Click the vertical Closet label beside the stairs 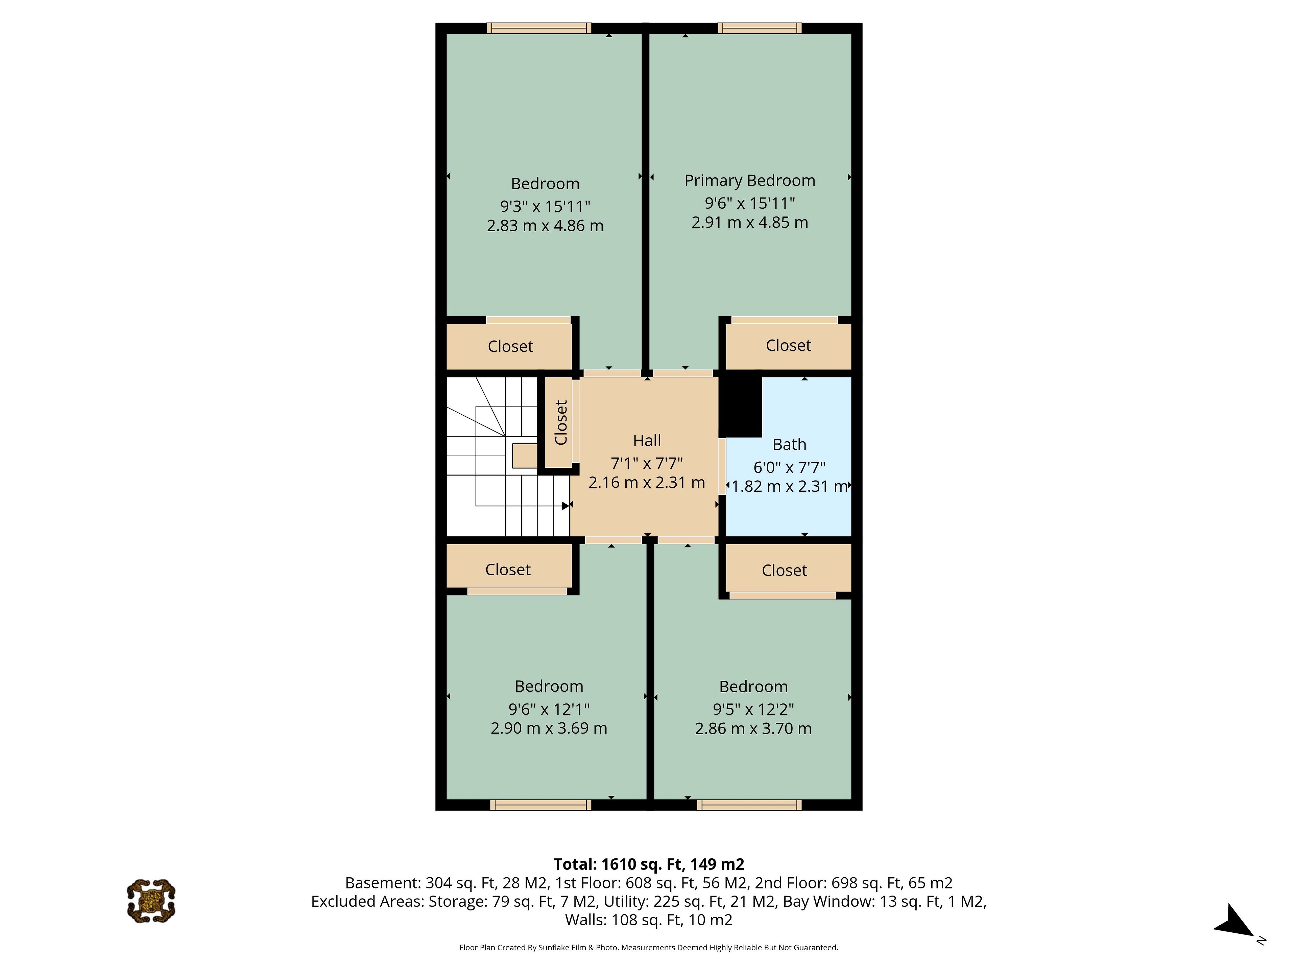click(x=561, y=423)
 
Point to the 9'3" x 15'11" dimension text click(x=545, y=206)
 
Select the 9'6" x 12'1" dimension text click(x=549, y=709)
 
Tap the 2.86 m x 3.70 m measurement click(x=753, y=728)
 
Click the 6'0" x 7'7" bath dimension click(x=789, y=467)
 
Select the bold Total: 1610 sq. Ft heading click(x=649, y=864)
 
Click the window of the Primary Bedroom click(x=759, y=28)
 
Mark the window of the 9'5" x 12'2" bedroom click(x=749, y=805)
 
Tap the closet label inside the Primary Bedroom click(x=788, y=345)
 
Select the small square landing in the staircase click(x=525, y=456)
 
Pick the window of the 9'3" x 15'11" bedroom click(x=539, y=28)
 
